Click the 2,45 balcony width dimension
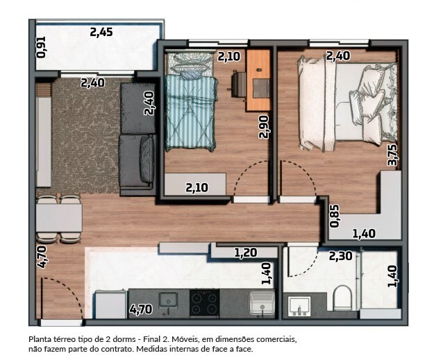tap(101, 32)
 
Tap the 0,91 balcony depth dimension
tap(42, 47)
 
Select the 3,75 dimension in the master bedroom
tap(393, 155)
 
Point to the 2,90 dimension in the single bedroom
tap(265, 127)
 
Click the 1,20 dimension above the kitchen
tap(246, 252)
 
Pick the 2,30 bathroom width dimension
tap(341, 256)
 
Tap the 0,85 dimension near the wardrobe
tap(335, 216)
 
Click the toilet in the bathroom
tap(342, 298)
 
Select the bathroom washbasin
tap(299, 306)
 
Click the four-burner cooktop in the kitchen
tap(204, 302)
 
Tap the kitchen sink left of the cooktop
tap(168, 300)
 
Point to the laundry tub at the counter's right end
tap(262, 303)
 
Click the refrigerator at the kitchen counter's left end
tap(110, 305)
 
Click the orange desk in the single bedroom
tap(258, 80)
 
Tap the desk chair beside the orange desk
tap(239, 85)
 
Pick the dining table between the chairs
tap(59, 218)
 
